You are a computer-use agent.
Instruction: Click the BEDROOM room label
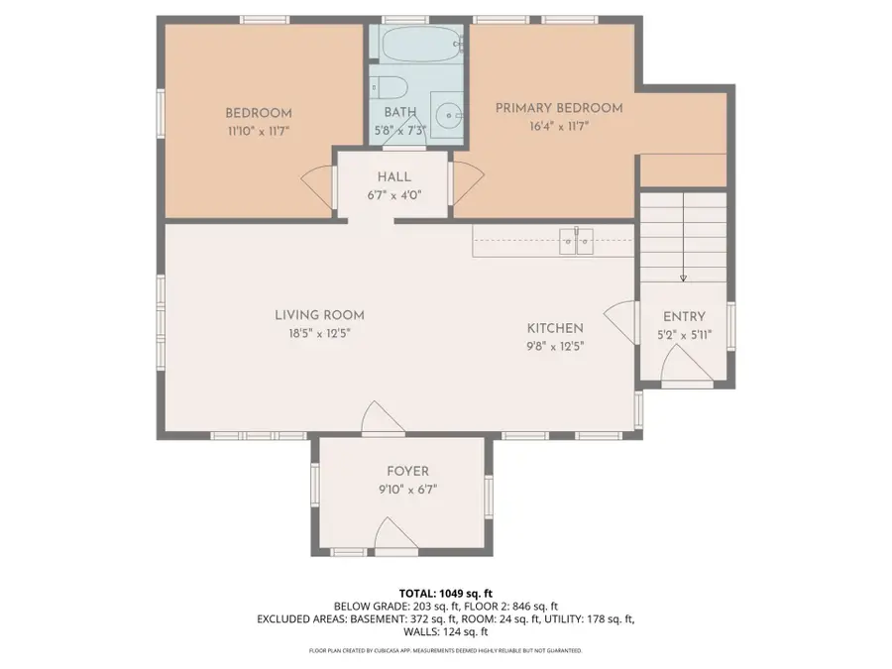click(258, 114)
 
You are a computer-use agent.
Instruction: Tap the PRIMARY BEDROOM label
click(559, 108)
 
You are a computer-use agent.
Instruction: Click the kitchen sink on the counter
click(576, 239)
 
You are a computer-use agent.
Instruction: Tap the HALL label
click(393, 176)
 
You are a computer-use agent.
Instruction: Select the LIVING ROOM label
click(313, 315)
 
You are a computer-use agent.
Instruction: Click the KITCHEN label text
click(555, 328)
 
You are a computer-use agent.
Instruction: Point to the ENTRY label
click(684, 317)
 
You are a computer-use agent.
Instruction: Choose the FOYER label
click(407, 472)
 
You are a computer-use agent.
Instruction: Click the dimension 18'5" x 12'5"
click(313, 333)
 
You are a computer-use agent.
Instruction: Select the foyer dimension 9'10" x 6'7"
click(407, 489)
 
